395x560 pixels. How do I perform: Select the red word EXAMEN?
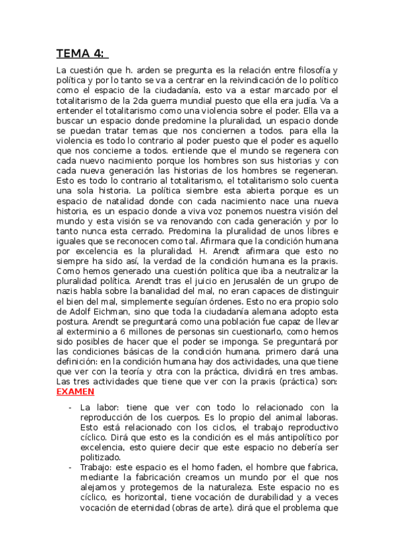76,392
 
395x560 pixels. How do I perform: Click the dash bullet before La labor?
70,406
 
